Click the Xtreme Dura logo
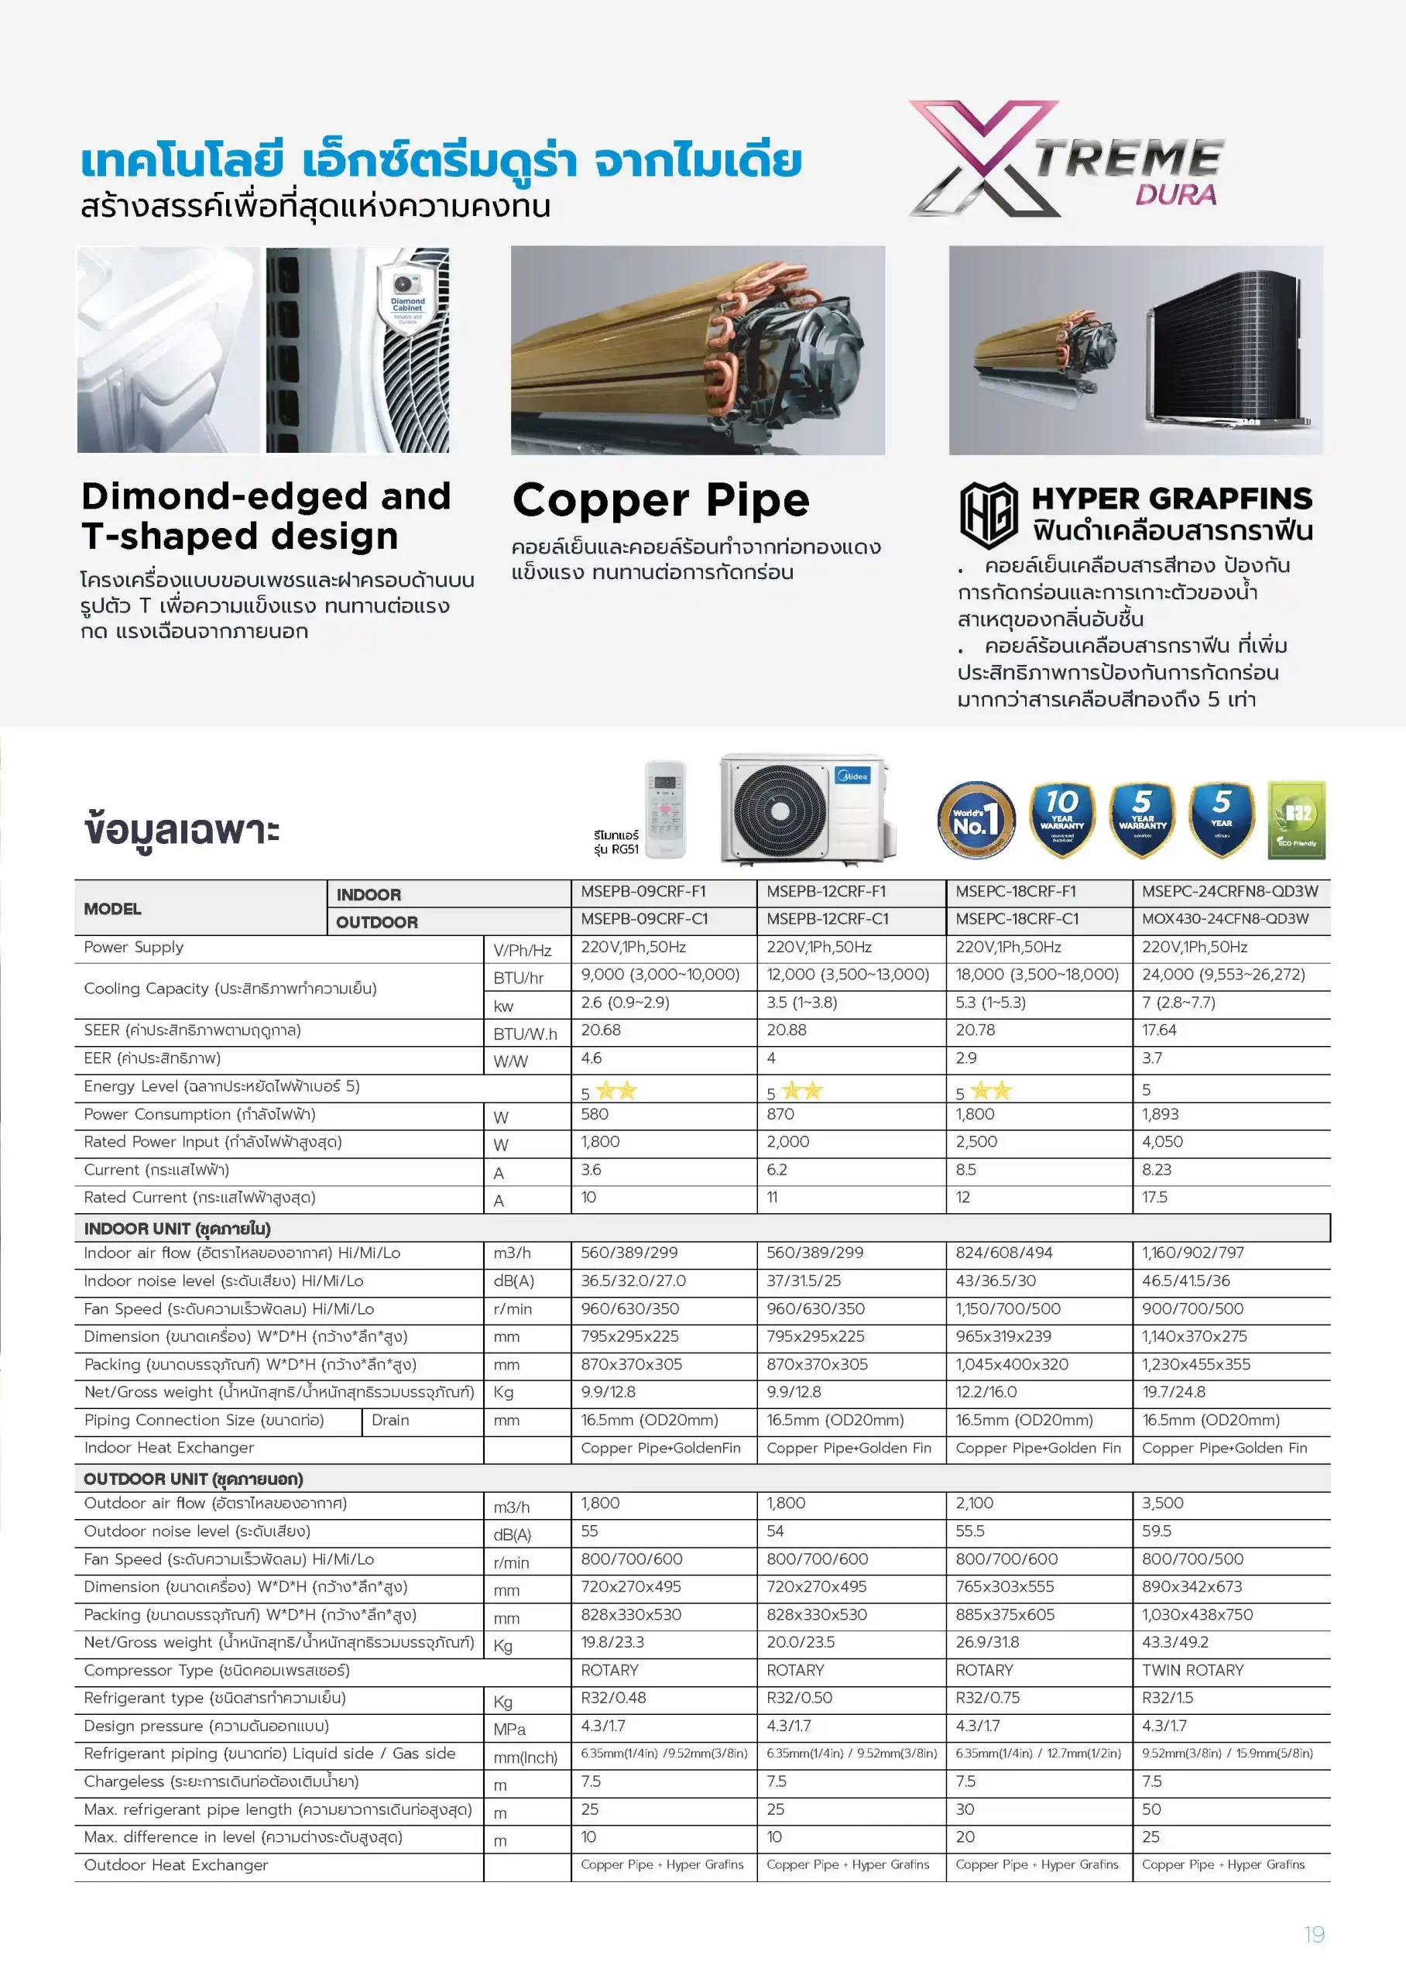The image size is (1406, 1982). click(x=1066, y=159)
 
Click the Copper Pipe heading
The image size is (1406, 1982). click(x=660, y=500)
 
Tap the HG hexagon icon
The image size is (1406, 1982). click(x=988, y=515)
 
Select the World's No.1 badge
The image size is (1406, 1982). click(x=976, y=820)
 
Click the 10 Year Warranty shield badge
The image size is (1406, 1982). click(x=1061, y=820)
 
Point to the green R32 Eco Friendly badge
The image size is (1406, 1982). click(x=1296, y=820)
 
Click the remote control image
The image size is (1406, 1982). click(x=665, y=809)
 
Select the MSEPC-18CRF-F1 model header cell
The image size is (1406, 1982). click(x=1017, y=891)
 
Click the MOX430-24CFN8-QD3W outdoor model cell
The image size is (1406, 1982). click(x=1224, y=919)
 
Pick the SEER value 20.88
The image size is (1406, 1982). click(x=786, y=1030)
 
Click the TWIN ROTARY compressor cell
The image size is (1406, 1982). click(x=1192, y=1671)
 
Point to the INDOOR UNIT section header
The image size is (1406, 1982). click(x=177, y=1229)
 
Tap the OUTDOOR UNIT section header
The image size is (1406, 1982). click(x=193, y=1479)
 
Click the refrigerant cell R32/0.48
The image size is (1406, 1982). click(x=613, y=1698)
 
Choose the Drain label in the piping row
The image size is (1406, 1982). click(x=389, y=1420)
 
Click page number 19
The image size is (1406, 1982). click(x=1313, y=1935)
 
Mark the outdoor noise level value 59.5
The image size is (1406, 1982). click(x=1157, y=1531)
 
